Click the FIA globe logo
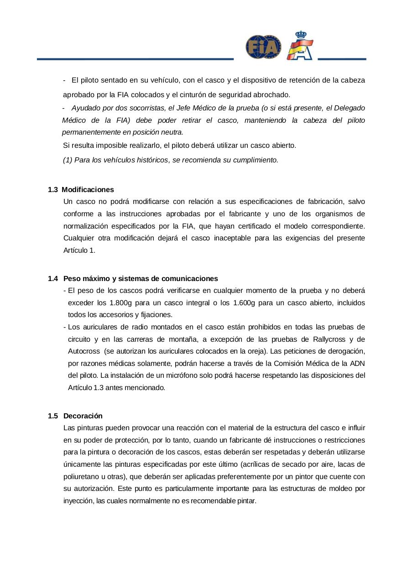coord(263,47)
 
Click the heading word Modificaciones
coord(88,189)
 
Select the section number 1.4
coord(53,278)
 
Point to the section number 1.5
coord(53,416)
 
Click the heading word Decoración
coord(83,416)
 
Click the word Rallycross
coord(330,339)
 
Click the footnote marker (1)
coord(68,160)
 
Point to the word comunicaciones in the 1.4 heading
coord(189,278)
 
